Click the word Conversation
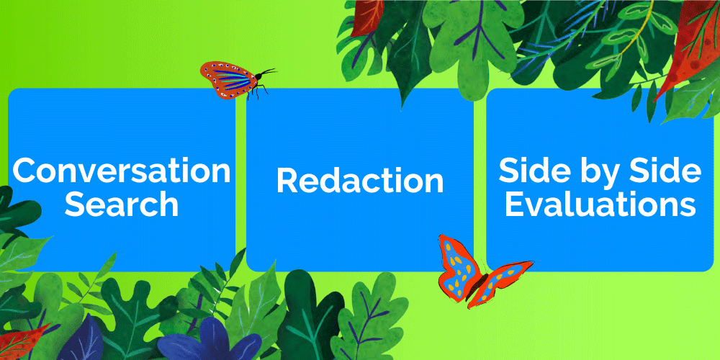click(x=122, y=171)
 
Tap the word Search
click(x=122, y=204)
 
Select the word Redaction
click(x=360, y=181)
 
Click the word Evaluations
click(x=600, y=204)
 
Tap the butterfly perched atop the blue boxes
click(x=236, y=80)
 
